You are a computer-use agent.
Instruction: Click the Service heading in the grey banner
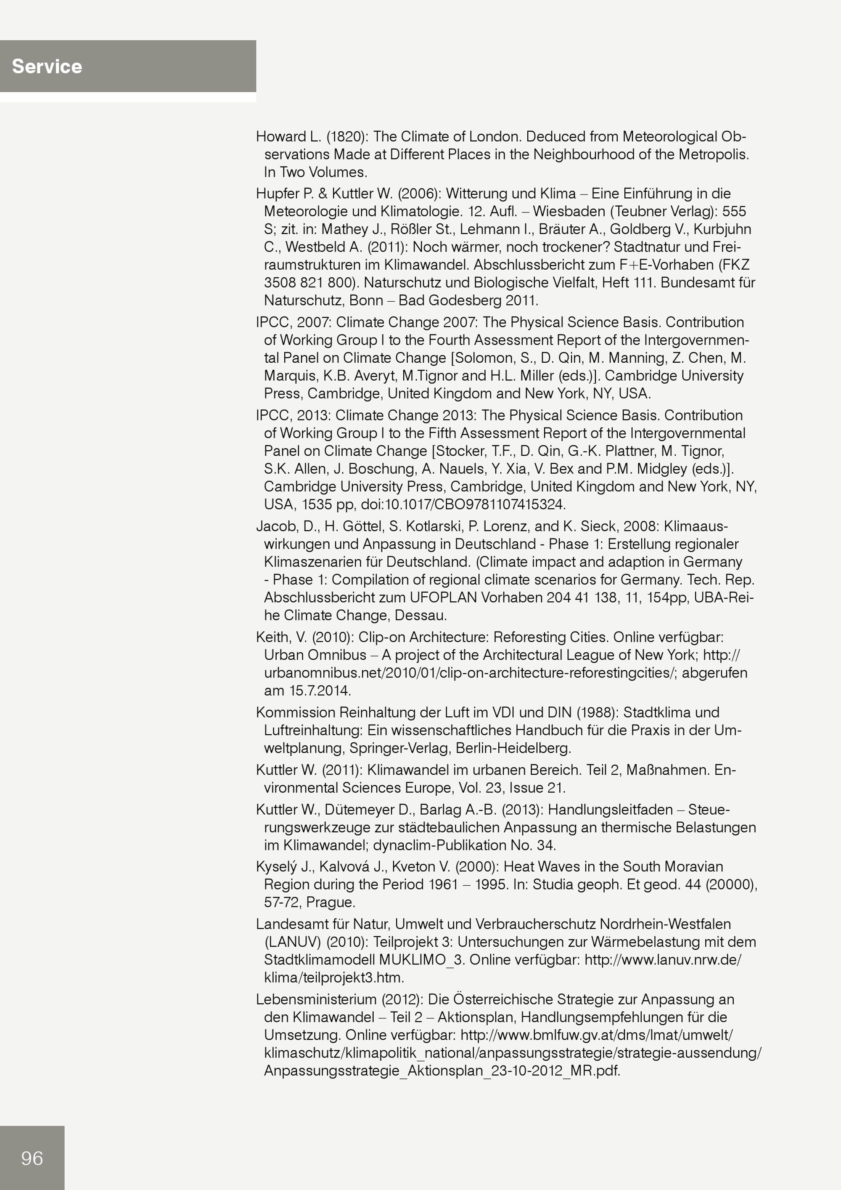pyautogui.click(x=47, y=66)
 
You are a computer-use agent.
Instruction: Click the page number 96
pyautogui.click(x=32, y=1158)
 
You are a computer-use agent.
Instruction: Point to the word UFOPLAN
pyautogui.click(x=443, y=598)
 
